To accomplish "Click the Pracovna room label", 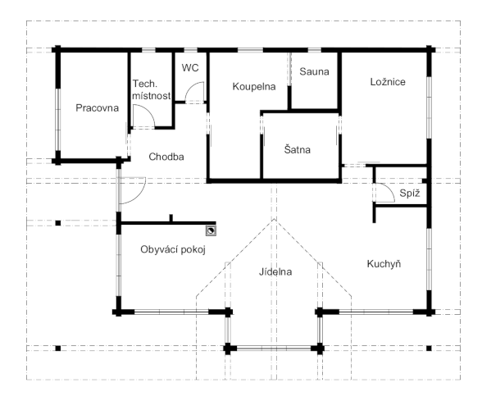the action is (97, 108).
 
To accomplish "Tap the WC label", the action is (190, 67).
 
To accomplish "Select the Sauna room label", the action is (314, 71).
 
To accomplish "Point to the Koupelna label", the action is (254, 86).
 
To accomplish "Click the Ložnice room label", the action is (388, 82).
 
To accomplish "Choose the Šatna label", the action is (297, 150).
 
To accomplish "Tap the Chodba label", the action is (166, 157).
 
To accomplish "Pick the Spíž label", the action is (410, 194).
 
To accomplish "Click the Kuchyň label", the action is (384, 264).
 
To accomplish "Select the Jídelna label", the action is (275, 272).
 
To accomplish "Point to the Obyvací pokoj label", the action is (173, 249).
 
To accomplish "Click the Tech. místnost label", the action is (151, 90).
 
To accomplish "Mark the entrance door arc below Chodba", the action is (138, 195).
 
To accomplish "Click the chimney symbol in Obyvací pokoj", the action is (211, 230).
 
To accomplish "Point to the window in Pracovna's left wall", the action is (57, 120).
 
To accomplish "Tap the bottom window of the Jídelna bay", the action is (274, 349).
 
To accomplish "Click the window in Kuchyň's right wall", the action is (430, 259).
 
